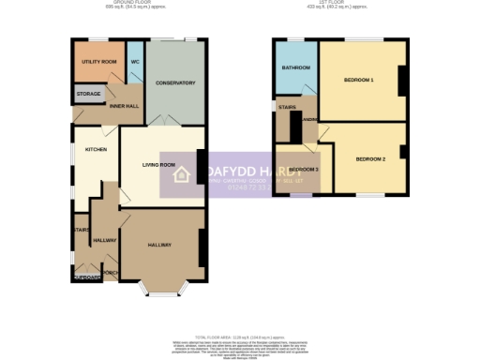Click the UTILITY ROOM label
98,61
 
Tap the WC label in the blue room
135,62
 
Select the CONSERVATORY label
175,83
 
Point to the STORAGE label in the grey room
89,94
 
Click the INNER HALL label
124,106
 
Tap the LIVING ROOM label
158,165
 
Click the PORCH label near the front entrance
111,273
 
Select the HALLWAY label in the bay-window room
159,245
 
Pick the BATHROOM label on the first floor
295,67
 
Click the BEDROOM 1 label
358,80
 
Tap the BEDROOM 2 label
370,159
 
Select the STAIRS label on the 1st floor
287,108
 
